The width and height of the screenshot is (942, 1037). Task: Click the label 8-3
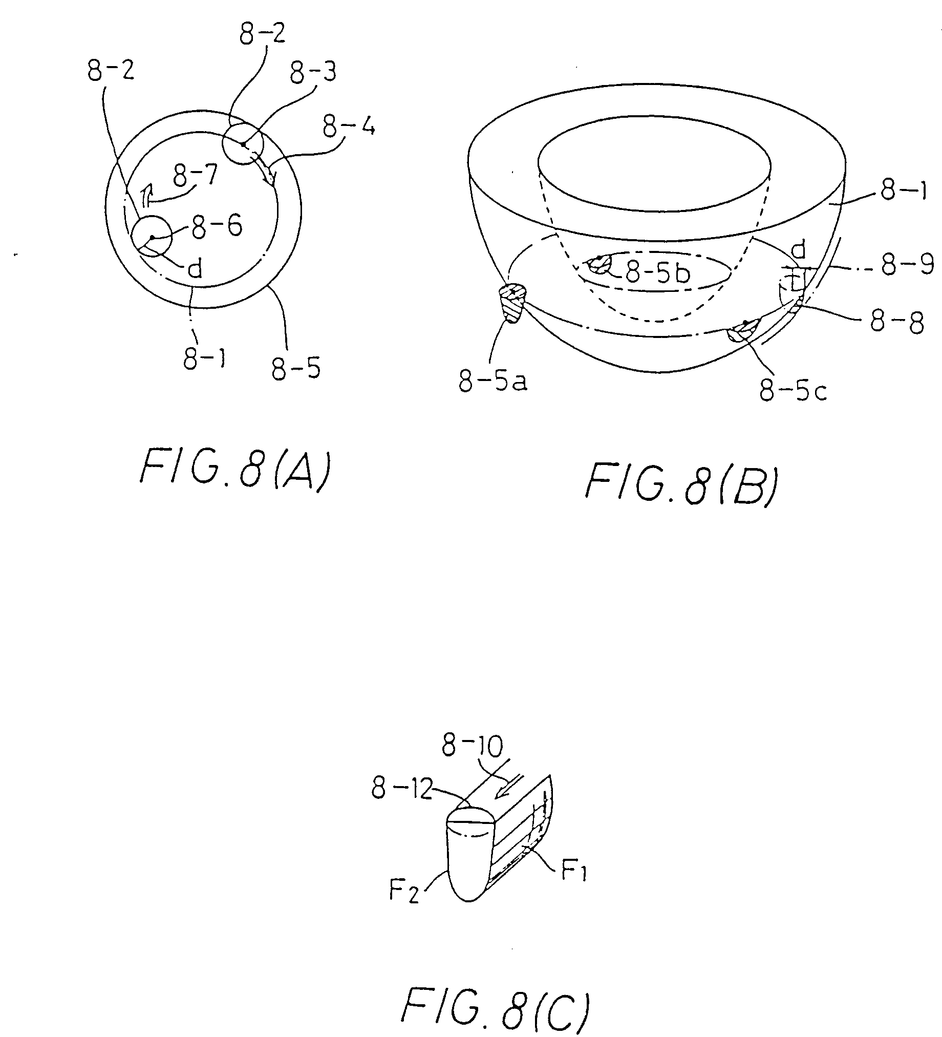point(313,73)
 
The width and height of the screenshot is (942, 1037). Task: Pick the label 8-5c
point(794,392)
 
